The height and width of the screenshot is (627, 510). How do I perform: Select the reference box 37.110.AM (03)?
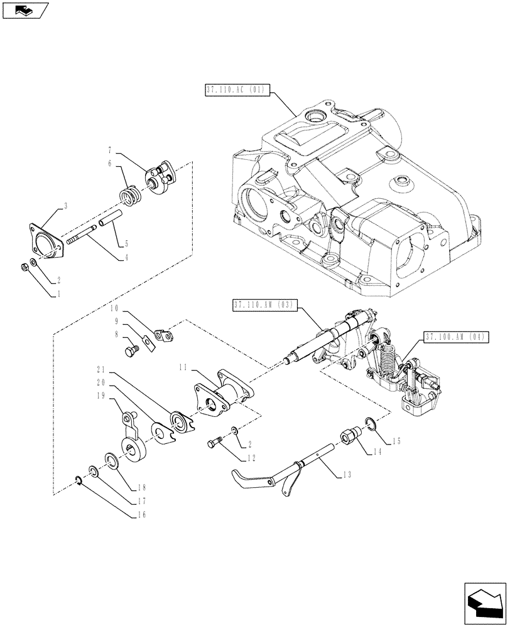(x=264, y=305)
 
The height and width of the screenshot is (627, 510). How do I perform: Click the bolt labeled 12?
(x=213, y=445)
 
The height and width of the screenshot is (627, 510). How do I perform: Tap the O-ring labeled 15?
(x=370, y=426)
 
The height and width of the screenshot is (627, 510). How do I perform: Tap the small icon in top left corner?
(x=24, y=9)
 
